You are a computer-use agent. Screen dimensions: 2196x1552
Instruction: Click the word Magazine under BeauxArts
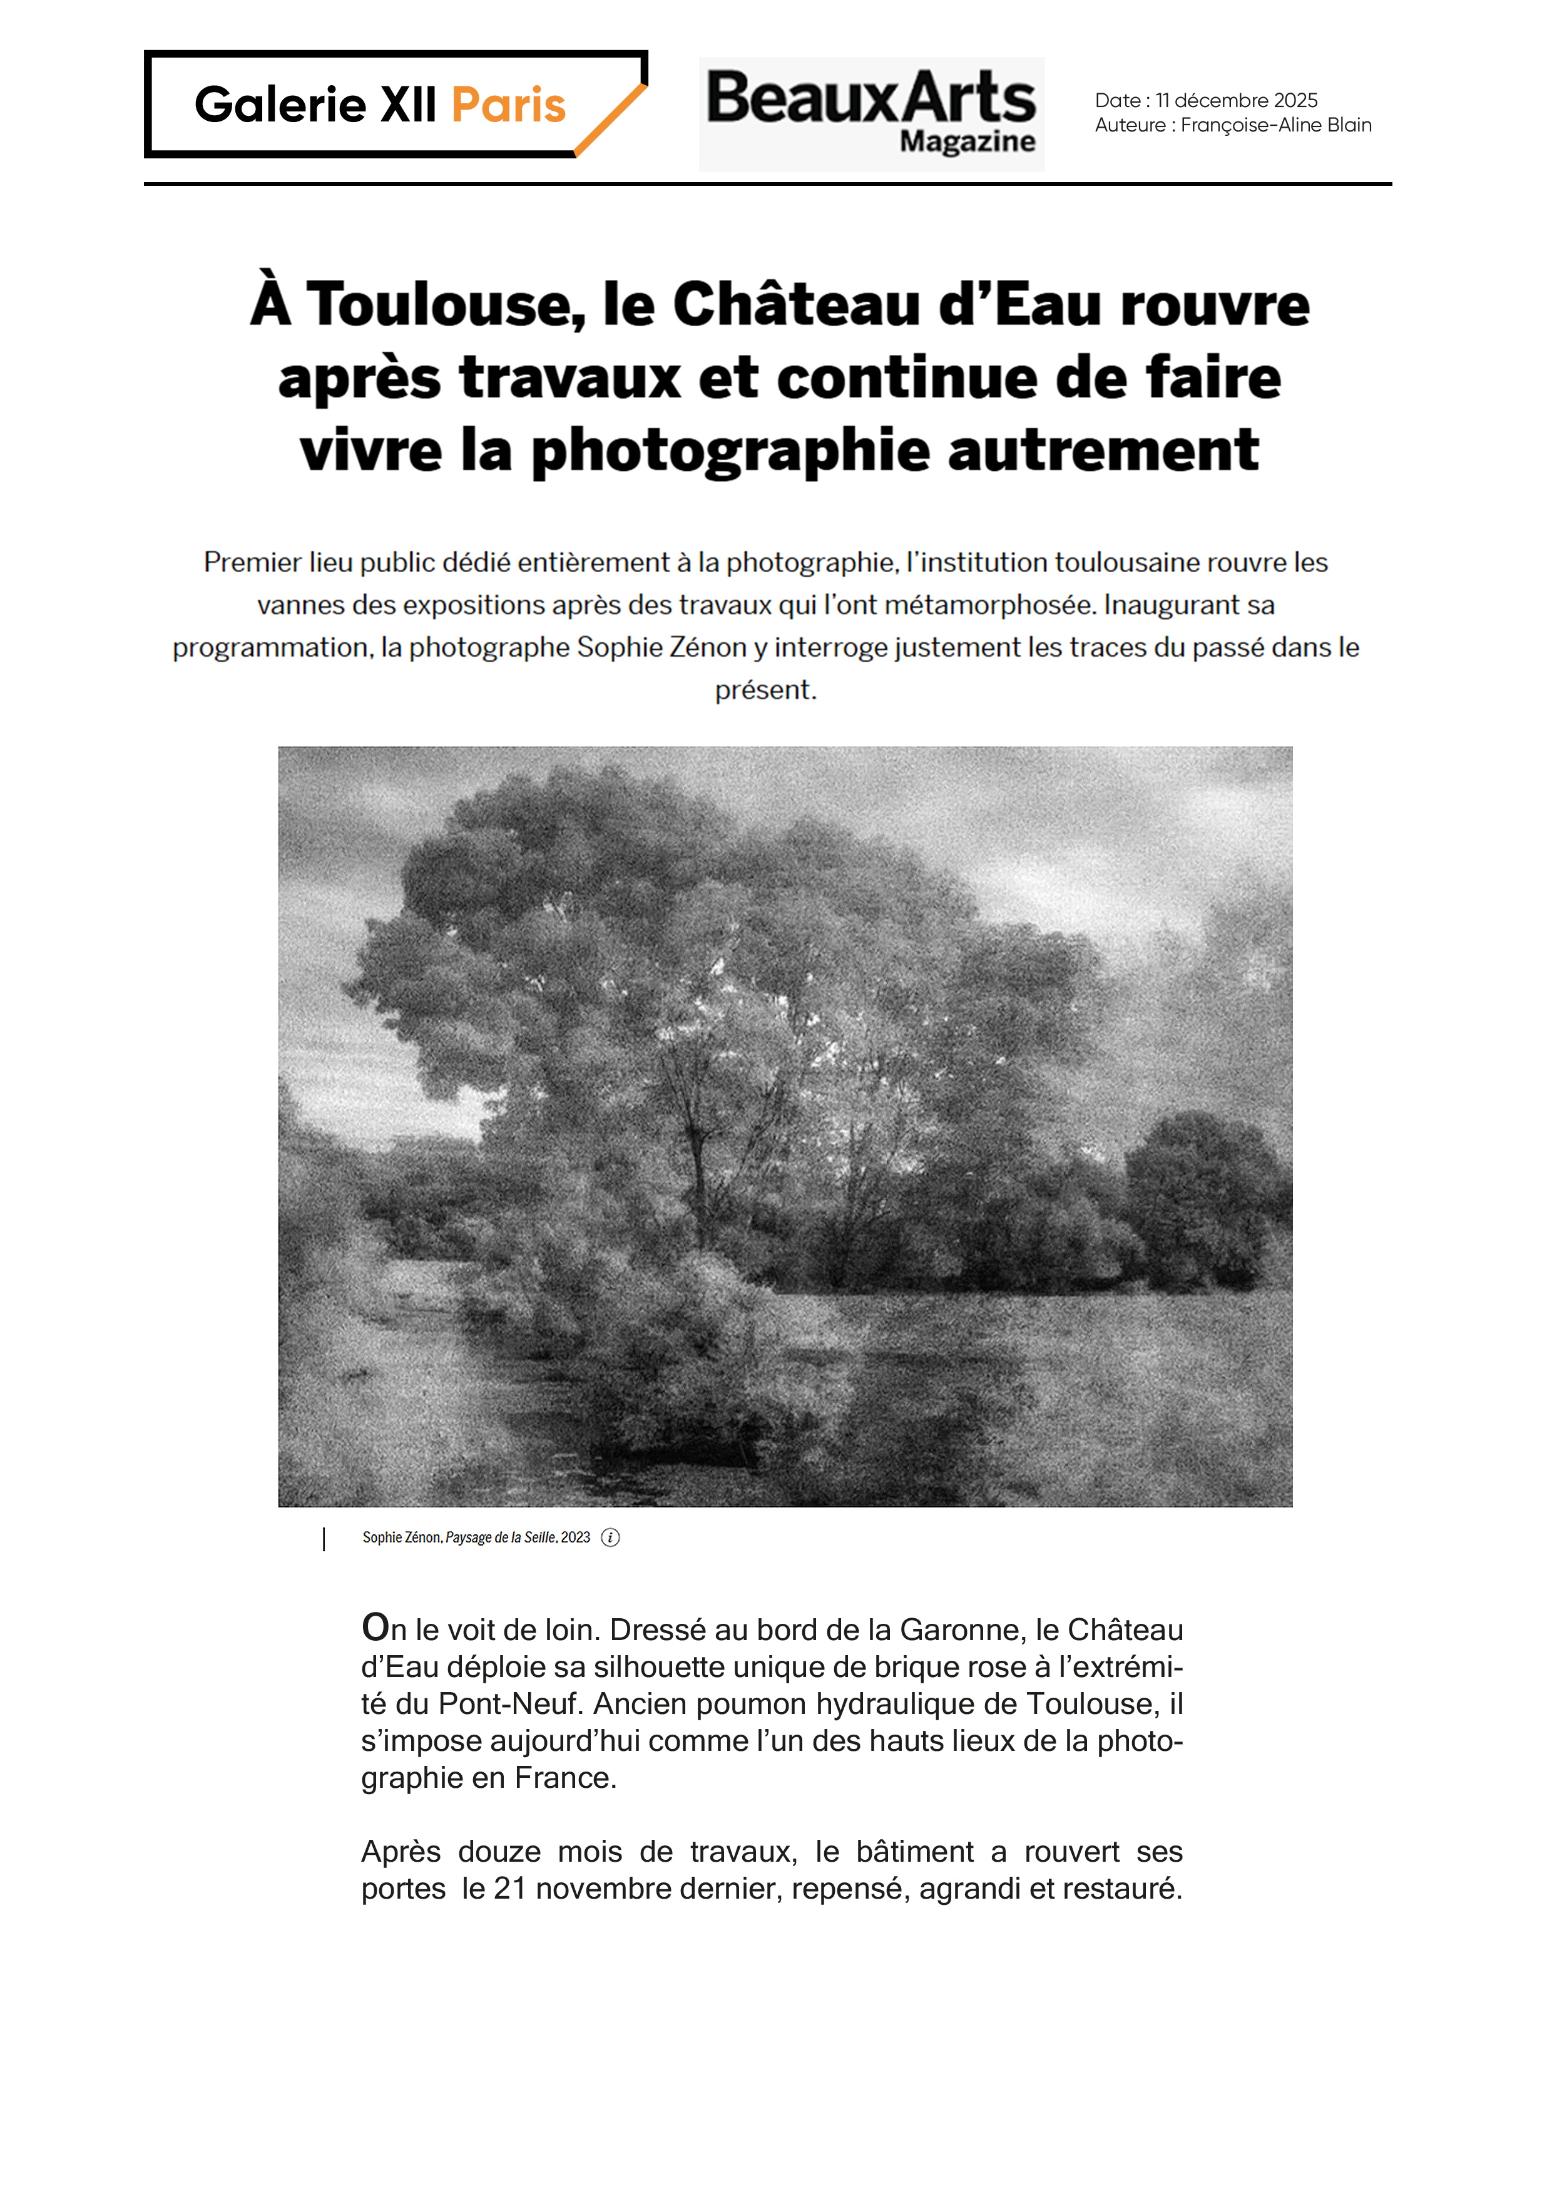coord(967,141)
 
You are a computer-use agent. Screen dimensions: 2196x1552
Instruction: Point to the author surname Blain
coord(1349,125)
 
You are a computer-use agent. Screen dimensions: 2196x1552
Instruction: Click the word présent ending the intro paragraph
coord(764,690)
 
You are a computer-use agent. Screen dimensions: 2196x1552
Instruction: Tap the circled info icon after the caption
coord(610,1538)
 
